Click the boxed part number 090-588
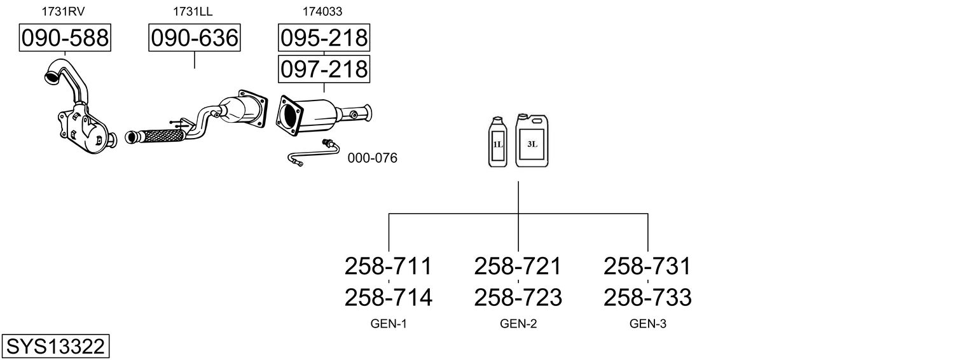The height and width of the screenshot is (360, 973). click(65, 38)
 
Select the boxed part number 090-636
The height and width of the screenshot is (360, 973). click(194, 38)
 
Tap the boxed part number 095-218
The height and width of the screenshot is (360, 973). click(324, 38)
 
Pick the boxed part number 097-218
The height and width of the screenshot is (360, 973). click(324, 69)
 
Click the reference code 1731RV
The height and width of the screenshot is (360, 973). click(63, 11)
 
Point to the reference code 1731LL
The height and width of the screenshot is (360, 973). click(193, 11)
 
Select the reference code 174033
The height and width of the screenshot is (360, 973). click(322, 11)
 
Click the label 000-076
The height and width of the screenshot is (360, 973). click(372, 158)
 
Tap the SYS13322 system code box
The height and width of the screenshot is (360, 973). click(55, 346)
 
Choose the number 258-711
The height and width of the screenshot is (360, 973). click(388, 267)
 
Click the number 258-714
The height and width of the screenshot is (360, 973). click(389, 298)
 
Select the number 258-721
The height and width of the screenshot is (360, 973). click(518, 267)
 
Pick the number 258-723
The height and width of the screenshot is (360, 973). click(518, 298)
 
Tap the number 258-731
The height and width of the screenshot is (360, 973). click(647, 267)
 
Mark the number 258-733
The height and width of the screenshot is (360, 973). click(647, 298)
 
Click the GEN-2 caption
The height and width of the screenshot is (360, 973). click(518, 324)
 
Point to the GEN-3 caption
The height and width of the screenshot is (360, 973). click(647, 324)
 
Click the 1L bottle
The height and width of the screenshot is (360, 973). click(498, 142)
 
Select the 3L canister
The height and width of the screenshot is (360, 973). click(532, 141)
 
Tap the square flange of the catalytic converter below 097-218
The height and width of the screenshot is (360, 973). click(289, 116)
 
